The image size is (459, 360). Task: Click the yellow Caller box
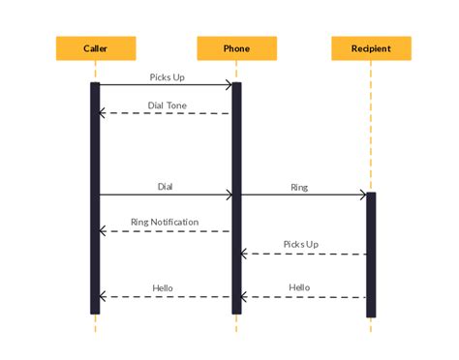click(x=96, y=48)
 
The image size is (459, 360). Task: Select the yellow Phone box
click(x=236, y=48)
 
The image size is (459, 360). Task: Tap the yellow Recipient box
click(x=371, y=48)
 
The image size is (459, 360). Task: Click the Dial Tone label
click(x=168, y=105)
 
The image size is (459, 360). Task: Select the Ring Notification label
click(x=165, y=222)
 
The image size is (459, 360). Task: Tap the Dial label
click(x=166, y=186)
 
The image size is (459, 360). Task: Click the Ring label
click(x=299, y=186)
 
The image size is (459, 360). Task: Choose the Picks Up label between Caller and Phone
click(x=167, y=75)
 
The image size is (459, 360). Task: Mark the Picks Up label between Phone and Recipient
click(x=300, y=244)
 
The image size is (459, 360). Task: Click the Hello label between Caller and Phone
click(x=163, y=287)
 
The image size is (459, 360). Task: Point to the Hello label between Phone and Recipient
click(x=299, y=287)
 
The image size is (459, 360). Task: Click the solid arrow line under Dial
click(x=165, y=195)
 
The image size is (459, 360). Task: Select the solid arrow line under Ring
click(x=300, y=195)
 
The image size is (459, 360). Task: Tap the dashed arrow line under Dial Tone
click(x=167, y=113)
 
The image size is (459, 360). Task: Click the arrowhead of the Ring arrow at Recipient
click(x=362, y=195)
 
